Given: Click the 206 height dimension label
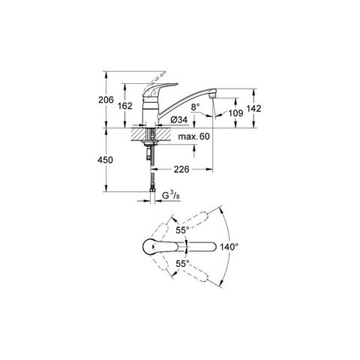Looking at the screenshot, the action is (x=106, y=100).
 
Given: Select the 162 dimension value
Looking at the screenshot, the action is (x=124, y=106).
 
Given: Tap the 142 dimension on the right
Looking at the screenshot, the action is (x=253, y=108).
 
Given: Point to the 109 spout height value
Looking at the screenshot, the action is (x=235, y=113).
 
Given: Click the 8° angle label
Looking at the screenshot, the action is (x=195, y=107).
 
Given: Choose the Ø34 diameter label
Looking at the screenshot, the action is (x=178, y=120).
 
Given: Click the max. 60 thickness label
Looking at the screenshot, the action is (x=193, y=136).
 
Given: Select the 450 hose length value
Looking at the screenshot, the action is (x=105, y=160).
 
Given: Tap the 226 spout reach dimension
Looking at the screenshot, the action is (x=181, y=169).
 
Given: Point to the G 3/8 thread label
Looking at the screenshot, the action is (x=171, y=195).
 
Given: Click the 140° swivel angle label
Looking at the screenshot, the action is (x=229, y=247).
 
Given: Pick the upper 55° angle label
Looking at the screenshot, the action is (x=182, y=230).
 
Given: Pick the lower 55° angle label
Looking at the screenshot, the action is (x=182, y=264).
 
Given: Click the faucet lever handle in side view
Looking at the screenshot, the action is (x=159, y=91).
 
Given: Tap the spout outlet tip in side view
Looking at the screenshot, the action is (x=212, y=96).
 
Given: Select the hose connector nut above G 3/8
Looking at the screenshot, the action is (x=151, y=191).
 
